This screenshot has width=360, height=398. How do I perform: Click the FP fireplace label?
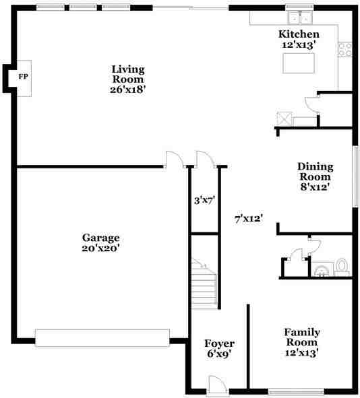click(x=23, y=77)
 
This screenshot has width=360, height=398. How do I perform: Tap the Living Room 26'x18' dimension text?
click(x=127, y=90)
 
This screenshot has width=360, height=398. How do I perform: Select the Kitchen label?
click(x=299, y=34)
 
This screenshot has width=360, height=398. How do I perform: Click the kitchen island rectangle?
click(x=299, y=63)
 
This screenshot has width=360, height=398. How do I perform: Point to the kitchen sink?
click(x=300, y=18)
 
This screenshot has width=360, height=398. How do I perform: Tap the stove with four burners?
click(x=345, y=49)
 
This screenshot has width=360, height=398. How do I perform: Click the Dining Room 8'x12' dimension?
click(x=315, y=187)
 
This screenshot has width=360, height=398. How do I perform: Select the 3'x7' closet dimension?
click(x=204, y=201)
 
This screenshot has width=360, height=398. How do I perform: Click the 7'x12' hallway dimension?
click(x=249, y=219)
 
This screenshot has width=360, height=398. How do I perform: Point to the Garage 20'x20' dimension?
click(x=100, y=248)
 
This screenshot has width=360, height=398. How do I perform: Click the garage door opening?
click(x=102, y=338)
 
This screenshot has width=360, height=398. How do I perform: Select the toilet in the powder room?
click(x=341, y=267)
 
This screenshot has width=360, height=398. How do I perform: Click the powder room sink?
click(x=322, y=270)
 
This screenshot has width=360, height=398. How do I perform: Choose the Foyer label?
click(x=219, y=343)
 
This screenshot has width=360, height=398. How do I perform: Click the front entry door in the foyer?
click(x=216, y=386)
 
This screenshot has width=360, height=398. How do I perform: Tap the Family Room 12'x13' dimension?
click(x=302, y=353)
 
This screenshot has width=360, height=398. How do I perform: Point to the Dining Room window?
click(x=357, y=177)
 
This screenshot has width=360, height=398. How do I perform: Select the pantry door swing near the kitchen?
click(x=311, y=105)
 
